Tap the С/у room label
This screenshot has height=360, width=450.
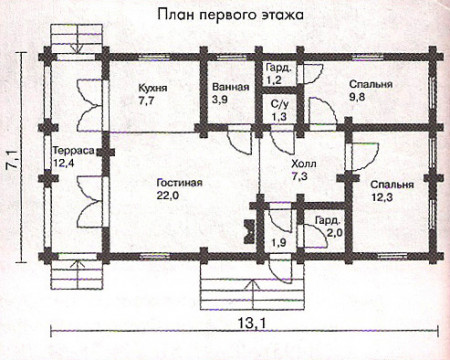[x=281, y=105]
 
